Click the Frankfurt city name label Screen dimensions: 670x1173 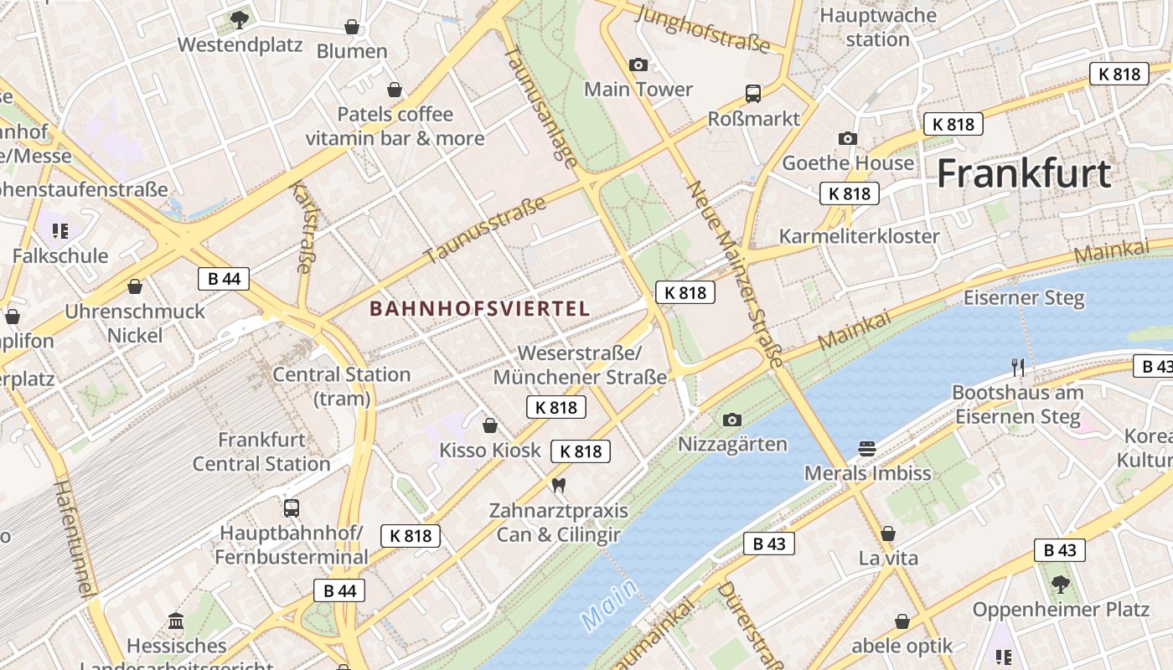click(1024, 173)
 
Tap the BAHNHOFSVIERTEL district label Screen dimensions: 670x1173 click(480, 308)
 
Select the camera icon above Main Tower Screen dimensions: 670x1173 click(638, 64)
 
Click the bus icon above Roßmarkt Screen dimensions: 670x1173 click(753, 94)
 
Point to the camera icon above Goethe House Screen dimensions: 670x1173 click(848, 138)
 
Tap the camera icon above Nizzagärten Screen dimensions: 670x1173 click(732, 420)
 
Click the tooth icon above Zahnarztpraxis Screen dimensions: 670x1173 click(559, 485)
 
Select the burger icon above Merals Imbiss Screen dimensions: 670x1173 click(867, 449)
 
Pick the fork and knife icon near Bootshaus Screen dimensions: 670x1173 click(1018, 367)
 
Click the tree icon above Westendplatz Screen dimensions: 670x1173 click(240, 18)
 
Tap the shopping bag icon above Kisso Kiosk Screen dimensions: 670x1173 click(490, 425)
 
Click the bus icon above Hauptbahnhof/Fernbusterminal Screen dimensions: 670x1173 click(292, 508)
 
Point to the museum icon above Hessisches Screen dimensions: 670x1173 click(176, 621)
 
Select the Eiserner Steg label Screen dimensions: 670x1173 click(1024, 297)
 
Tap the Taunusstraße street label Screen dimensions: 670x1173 click(486, 229)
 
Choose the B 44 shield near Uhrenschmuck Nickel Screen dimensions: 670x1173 click(224, 278)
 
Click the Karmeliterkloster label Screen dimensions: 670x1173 click(860, 235)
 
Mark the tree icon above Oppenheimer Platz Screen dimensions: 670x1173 click(1060, 584)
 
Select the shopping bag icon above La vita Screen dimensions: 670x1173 click(888, 533)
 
